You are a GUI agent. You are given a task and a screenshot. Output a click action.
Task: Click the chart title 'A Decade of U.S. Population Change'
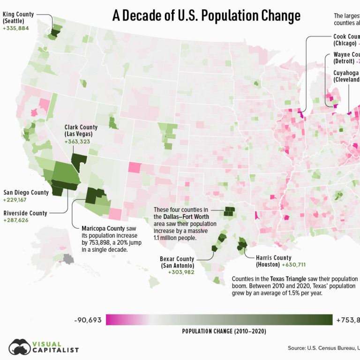coord(206,16)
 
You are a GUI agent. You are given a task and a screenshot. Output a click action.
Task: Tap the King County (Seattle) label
coord(18,18)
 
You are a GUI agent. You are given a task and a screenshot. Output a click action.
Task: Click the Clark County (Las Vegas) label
coord(81,131)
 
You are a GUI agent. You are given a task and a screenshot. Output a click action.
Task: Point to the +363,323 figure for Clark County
coord(81,142)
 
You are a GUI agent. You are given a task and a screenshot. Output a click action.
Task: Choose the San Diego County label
coord(26,192)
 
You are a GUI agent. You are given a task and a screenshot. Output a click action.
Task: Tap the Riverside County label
coord(25,213)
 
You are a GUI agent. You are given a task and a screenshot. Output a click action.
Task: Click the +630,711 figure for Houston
coord(293,265)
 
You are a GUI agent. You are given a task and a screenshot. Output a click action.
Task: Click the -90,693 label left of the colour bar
coord(87,320)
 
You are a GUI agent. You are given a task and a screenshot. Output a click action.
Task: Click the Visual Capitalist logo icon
coord(19,347)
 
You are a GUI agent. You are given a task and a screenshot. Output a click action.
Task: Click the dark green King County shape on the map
coord(55,33)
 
